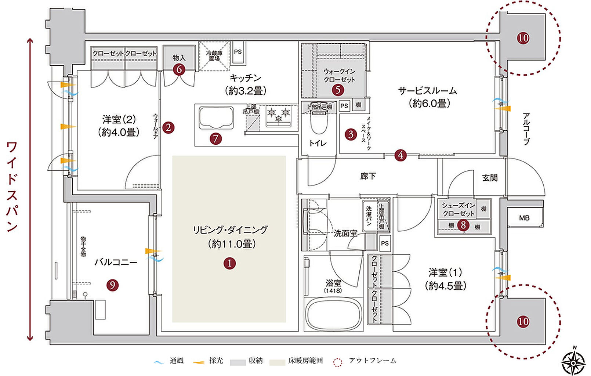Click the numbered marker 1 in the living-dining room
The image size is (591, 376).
click(x=230, y=263)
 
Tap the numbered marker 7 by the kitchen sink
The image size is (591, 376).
click(x=215, y=138)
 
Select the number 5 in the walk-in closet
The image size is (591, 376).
click(x=338, y=90)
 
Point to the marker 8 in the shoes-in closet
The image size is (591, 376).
click(x=463, y=224)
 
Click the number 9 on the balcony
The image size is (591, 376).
click(x=113, y=285)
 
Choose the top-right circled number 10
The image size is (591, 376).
click(x=523, y=38)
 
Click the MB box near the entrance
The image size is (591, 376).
click(x=524, y=218)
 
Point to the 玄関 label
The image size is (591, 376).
click(x=490, y=178)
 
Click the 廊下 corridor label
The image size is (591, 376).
click(x=367, y=176)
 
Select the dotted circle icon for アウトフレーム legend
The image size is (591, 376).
click(x=337, y=362)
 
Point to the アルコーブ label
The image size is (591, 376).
click(x=526, y=129)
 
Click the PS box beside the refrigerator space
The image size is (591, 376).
click(x=238, y=52)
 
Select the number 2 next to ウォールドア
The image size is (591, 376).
click(x=168, y=127)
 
